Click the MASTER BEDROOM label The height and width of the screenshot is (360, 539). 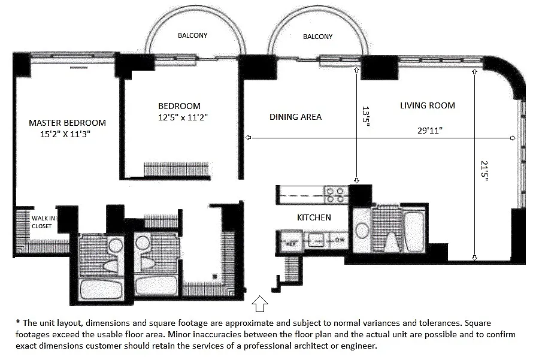click(67, 123)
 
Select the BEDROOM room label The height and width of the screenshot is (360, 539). click(175, 106)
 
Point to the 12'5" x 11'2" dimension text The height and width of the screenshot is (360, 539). click(179, 117)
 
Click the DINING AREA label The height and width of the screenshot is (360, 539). click(296, 117)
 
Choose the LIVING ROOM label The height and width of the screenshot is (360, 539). click(428, 105)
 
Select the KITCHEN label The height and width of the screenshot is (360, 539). click(314, 217)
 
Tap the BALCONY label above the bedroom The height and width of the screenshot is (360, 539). click(193, 36)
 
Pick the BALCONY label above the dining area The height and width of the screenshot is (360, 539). click(317, 37)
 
